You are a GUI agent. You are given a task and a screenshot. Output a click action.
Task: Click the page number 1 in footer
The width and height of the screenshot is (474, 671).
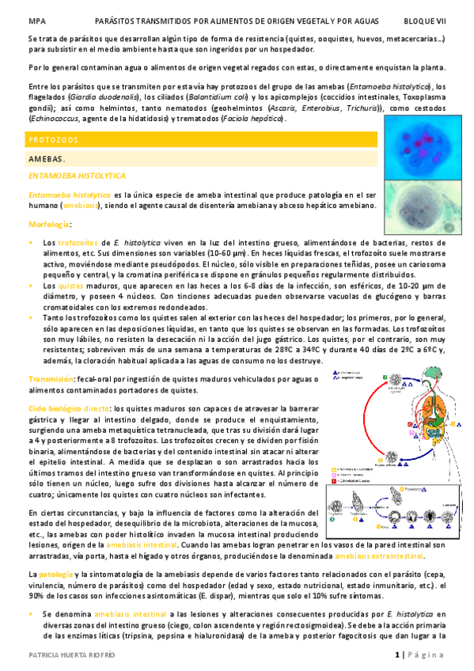[x=396, y=655]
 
